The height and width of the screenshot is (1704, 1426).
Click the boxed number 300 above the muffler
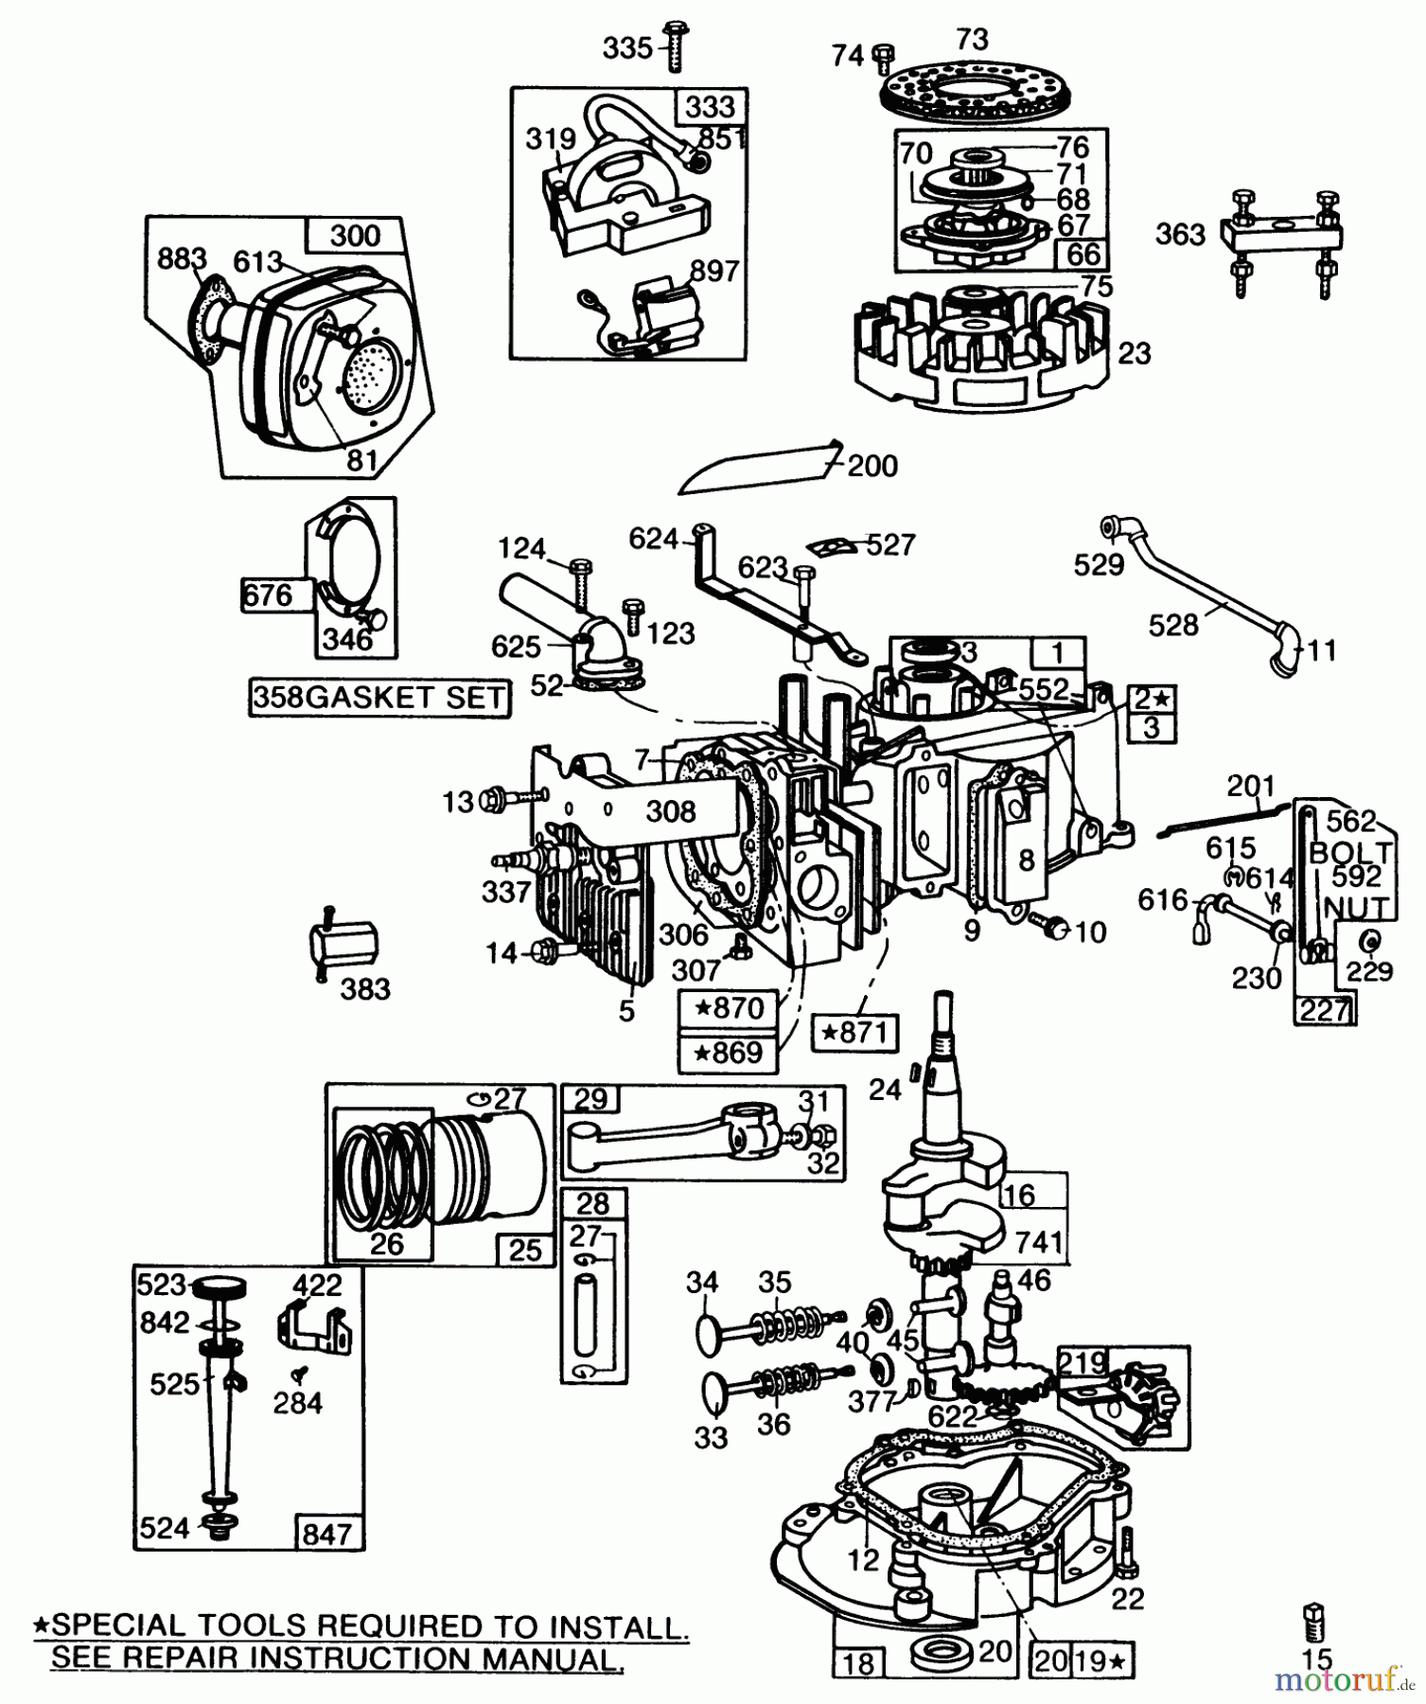(x=355, y=236)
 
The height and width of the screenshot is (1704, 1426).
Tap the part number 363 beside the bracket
(x=1180, y=235)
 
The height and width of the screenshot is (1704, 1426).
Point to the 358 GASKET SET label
(x=379, y=698)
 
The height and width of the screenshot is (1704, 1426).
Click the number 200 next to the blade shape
(x=871, y=466)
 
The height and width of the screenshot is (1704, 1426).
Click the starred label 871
(x=855, y=1031)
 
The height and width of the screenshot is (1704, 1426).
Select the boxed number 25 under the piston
(x=525, y=1250)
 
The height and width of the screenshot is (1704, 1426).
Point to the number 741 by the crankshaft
(x=1037, y=1242)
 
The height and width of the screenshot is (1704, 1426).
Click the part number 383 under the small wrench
(x=364, y=989)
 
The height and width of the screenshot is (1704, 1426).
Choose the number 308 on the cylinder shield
(x=671, y=811)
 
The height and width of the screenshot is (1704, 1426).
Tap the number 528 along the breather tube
(x=1173, y=625)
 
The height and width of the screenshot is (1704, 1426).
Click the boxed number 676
(x=267, y=595)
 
